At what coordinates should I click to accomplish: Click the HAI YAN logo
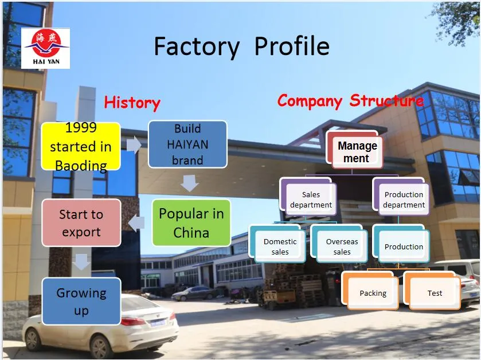click(45, 48)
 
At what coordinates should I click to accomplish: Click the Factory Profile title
click(241, 46)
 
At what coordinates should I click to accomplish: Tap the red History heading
click(132, 103)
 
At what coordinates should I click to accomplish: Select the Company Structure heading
click(350, 101)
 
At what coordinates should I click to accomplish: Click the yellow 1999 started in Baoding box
click(81, 146)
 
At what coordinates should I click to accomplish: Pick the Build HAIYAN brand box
click(187, 144)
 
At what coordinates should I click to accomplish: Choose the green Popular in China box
click(191, 223)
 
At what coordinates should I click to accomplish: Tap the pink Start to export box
click(81, 223)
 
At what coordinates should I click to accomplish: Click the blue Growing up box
click(81, 302)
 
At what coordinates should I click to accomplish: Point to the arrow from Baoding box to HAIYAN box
click(134, 145)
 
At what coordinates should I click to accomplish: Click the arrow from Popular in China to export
click(136, 222)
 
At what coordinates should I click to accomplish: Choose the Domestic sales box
click(280, 246)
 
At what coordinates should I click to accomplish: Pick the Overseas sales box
click(342, 246)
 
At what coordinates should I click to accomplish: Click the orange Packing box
click(373, 293)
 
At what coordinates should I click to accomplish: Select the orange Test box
click(435, 293)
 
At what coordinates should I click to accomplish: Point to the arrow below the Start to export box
click(82, 261)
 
